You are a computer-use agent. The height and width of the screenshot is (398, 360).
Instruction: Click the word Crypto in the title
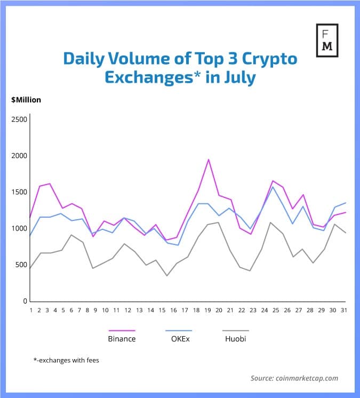click(x=267, y=59)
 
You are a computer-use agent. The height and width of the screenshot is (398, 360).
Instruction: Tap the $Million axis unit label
click(x=26, y=99)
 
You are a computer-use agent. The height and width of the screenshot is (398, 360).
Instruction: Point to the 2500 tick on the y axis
click(x=19, y=120)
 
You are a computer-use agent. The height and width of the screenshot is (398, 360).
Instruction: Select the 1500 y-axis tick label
click(x=19, y=192)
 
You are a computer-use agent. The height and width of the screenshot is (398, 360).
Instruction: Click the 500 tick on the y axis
click(x=21, y=265)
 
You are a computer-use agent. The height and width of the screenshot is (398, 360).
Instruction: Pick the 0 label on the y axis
click(x=25, y=301)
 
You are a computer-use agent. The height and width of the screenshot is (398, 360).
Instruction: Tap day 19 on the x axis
click(x=209, y=310)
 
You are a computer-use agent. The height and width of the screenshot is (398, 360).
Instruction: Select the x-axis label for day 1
click(x=31, y=310)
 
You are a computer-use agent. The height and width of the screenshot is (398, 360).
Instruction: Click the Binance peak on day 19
click(x=209, y=160)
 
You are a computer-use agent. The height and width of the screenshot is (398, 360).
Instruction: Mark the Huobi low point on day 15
click(x=166, y=276)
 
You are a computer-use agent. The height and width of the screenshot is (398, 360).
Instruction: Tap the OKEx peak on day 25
click(x=273, y=187)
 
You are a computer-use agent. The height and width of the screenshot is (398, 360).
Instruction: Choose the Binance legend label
click(x=122, y=338)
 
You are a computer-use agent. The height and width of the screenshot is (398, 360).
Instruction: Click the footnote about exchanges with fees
click(x=66, y=360)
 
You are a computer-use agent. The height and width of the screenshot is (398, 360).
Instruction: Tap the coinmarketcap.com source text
click(x=294, y=378)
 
